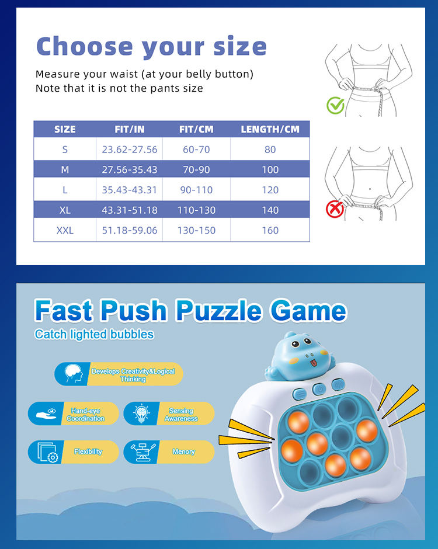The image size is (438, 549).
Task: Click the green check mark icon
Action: tap(335, 105)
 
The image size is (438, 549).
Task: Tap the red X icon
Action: tap(335, 209)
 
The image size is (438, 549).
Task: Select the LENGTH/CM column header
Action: tap(270, 129)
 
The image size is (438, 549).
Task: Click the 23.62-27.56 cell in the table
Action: tap(130, 150)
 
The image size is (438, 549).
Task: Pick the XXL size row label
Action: tap(65, 230)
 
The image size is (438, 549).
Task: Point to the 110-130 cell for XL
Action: tap(196, 210)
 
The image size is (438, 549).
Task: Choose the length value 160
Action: tap(270, 230)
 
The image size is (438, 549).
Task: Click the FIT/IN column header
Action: tap(130, 129)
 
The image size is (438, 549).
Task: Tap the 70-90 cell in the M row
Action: tap(196, 170)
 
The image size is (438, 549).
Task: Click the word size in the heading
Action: tap(240, 47)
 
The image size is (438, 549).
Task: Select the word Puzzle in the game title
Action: tap(219, 310)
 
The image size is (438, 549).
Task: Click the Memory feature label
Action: tap(183, 451)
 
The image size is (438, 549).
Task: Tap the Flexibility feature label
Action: tap(88, 451)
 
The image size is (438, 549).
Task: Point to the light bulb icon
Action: tap(141, 413)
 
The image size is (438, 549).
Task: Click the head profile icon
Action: tap(74, 374)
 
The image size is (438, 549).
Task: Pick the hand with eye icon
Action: tap(46, 414)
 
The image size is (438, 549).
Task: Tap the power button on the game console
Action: tap(319, 388)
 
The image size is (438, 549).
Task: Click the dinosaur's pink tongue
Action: tap(314, 363)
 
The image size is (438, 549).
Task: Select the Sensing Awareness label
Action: tap(181, 415)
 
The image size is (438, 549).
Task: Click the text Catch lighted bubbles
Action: tap(94, 335)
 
